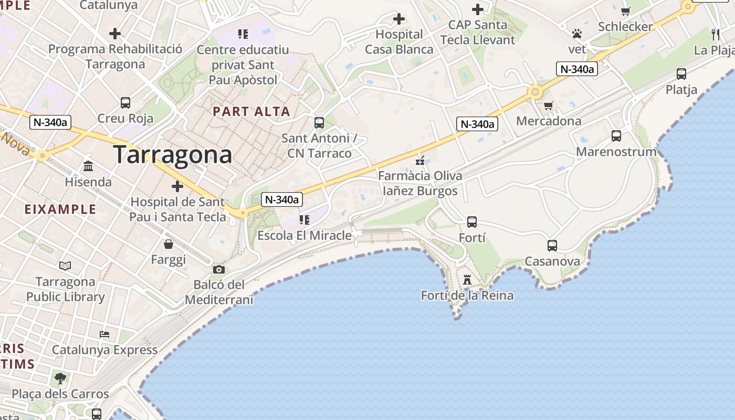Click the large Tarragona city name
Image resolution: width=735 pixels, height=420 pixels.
[172, 154]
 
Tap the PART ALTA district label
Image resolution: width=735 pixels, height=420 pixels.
[251, 111]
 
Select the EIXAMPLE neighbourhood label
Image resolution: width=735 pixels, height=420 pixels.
[60, 209]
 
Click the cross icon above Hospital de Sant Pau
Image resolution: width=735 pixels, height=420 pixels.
[177, 186]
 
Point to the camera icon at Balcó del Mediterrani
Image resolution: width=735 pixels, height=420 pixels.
[219, 270]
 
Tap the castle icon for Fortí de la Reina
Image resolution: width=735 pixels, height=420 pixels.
[467, 279]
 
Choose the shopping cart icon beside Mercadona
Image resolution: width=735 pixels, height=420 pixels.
[549, 106]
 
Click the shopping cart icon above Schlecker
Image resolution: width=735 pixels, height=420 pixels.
[625, 11]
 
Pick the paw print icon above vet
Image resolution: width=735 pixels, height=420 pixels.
[577, 34]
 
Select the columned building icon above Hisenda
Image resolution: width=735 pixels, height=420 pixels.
[88, 166]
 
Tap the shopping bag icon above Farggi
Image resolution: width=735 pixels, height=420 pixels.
[169, 244]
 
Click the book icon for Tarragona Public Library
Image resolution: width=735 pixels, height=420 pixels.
[65, 266]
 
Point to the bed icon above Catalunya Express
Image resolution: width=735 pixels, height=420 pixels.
[104, 334]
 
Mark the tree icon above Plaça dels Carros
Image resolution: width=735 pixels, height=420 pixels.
[60, 378]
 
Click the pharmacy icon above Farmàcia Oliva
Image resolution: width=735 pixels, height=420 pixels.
[419, 160]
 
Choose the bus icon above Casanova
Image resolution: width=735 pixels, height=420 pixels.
[552, 245]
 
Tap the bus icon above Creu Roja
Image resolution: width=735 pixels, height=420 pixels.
[125, 102]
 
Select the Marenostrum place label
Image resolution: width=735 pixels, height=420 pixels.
[616, 152]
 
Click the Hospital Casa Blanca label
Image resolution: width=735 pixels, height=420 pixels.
[399, 42]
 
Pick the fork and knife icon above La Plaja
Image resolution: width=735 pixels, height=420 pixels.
[715, 35]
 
